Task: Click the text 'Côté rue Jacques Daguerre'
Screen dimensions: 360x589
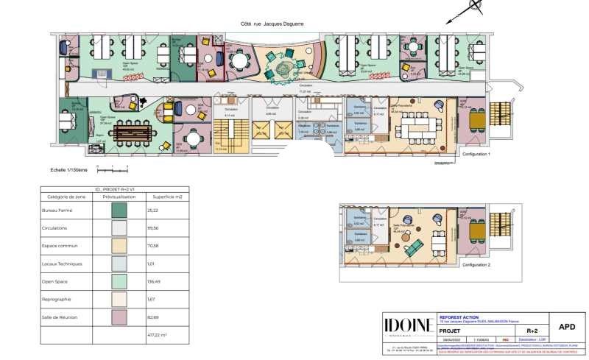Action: coord(272,24)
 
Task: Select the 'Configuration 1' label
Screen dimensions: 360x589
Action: coord(476,155)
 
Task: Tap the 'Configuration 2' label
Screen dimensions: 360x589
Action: coord(476,263)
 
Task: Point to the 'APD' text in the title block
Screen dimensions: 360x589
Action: coord(568,326)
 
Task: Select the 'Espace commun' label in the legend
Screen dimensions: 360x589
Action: coord(60,247)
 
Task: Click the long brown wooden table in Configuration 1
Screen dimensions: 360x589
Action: coord(133,133)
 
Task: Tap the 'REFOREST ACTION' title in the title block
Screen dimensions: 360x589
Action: coord(458,317)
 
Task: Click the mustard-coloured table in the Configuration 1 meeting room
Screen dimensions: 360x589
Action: coord(478,117)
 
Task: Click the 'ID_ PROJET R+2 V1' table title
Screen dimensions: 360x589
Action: coord(116,189)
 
